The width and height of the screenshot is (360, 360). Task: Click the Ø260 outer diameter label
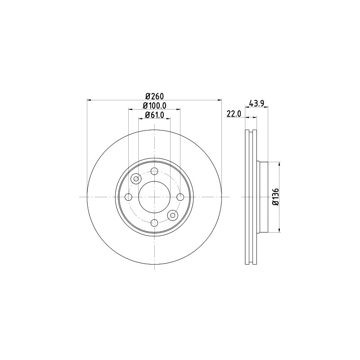click(x=154, y=95)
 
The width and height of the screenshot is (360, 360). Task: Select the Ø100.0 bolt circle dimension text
click(x=154, y=105)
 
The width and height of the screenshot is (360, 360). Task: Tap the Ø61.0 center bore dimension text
click(x=154, y=116)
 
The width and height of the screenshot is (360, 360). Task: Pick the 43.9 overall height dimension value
click(x=256, y=103)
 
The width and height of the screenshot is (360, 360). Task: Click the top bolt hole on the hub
click(x=154, y=171)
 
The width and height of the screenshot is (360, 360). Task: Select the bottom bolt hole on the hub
click(x=154, y=223)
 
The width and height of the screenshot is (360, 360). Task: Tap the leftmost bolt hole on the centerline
click(x=128, y=197)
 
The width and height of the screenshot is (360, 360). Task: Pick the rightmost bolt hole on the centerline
click(x=180, y=197)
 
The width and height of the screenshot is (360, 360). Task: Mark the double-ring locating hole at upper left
click(x=136, y=179)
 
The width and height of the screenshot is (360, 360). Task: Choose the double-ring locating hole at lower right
click(x=172, y=215)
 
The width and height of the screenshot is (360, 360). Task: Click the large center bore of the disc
click(x=154, y=197)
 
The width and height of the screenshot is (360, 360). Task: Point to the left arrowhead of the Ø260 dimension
click(x=89, y=100)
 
